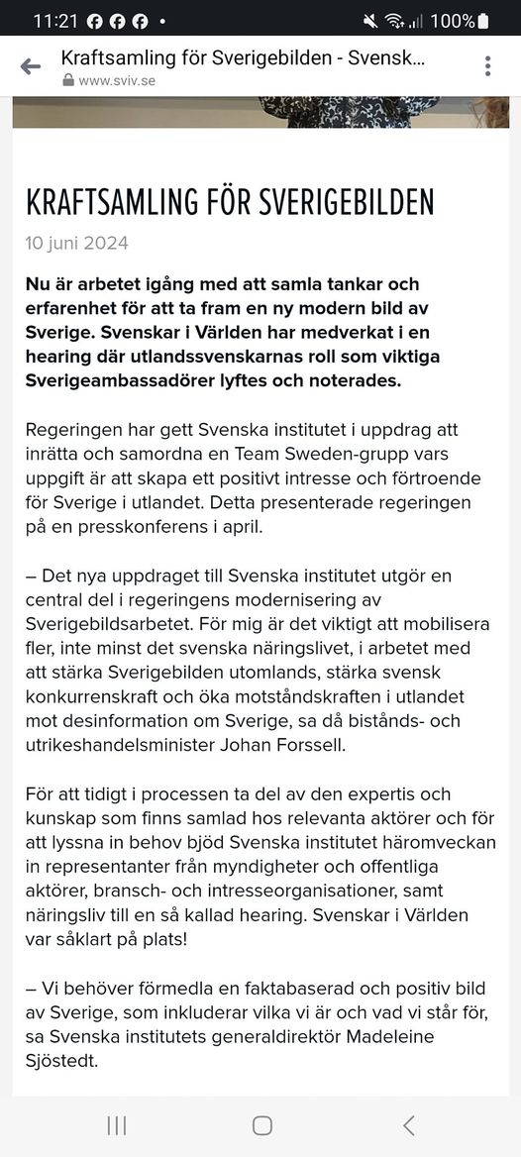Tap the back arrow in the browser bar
tap(31, 66)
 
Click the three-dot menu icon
tap(487, 66)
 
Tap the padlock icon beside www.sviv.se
tap(67, 81)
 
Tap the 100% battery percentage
tap(452, 20)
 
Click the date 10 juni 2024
tap(77, 243)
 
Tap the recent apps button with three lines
tap(116, 1124)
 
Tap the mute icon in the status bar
tap(370, 20)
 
